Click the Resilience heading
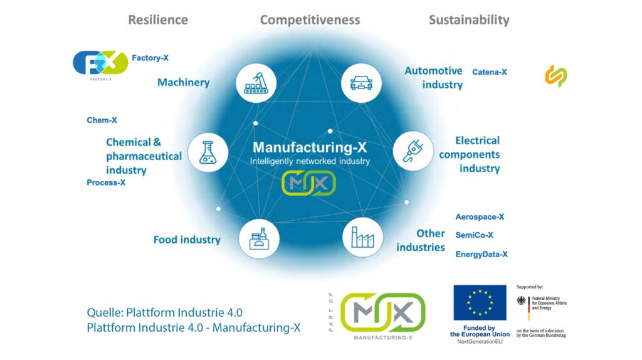(x=157, y=19)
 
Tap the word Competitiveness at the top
(x=310, y=19)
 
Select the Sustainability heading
(x=468, y=19)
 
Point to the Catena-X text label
(x=489, y=72)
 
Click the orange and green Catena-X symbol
(x=555, y=76)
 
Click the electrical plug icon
(x=413, y=151)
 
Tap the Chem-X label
(x=102, y=120)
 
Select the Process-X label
(x=106, y=183)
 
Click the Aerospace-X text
(x=480, y=217)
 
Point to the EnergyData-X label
(x=481, y=254)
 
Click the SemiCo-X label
(x=474, y=235)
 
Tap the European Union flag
(x=480, y=302)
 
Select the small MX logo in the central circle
(x=308, y=183)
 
